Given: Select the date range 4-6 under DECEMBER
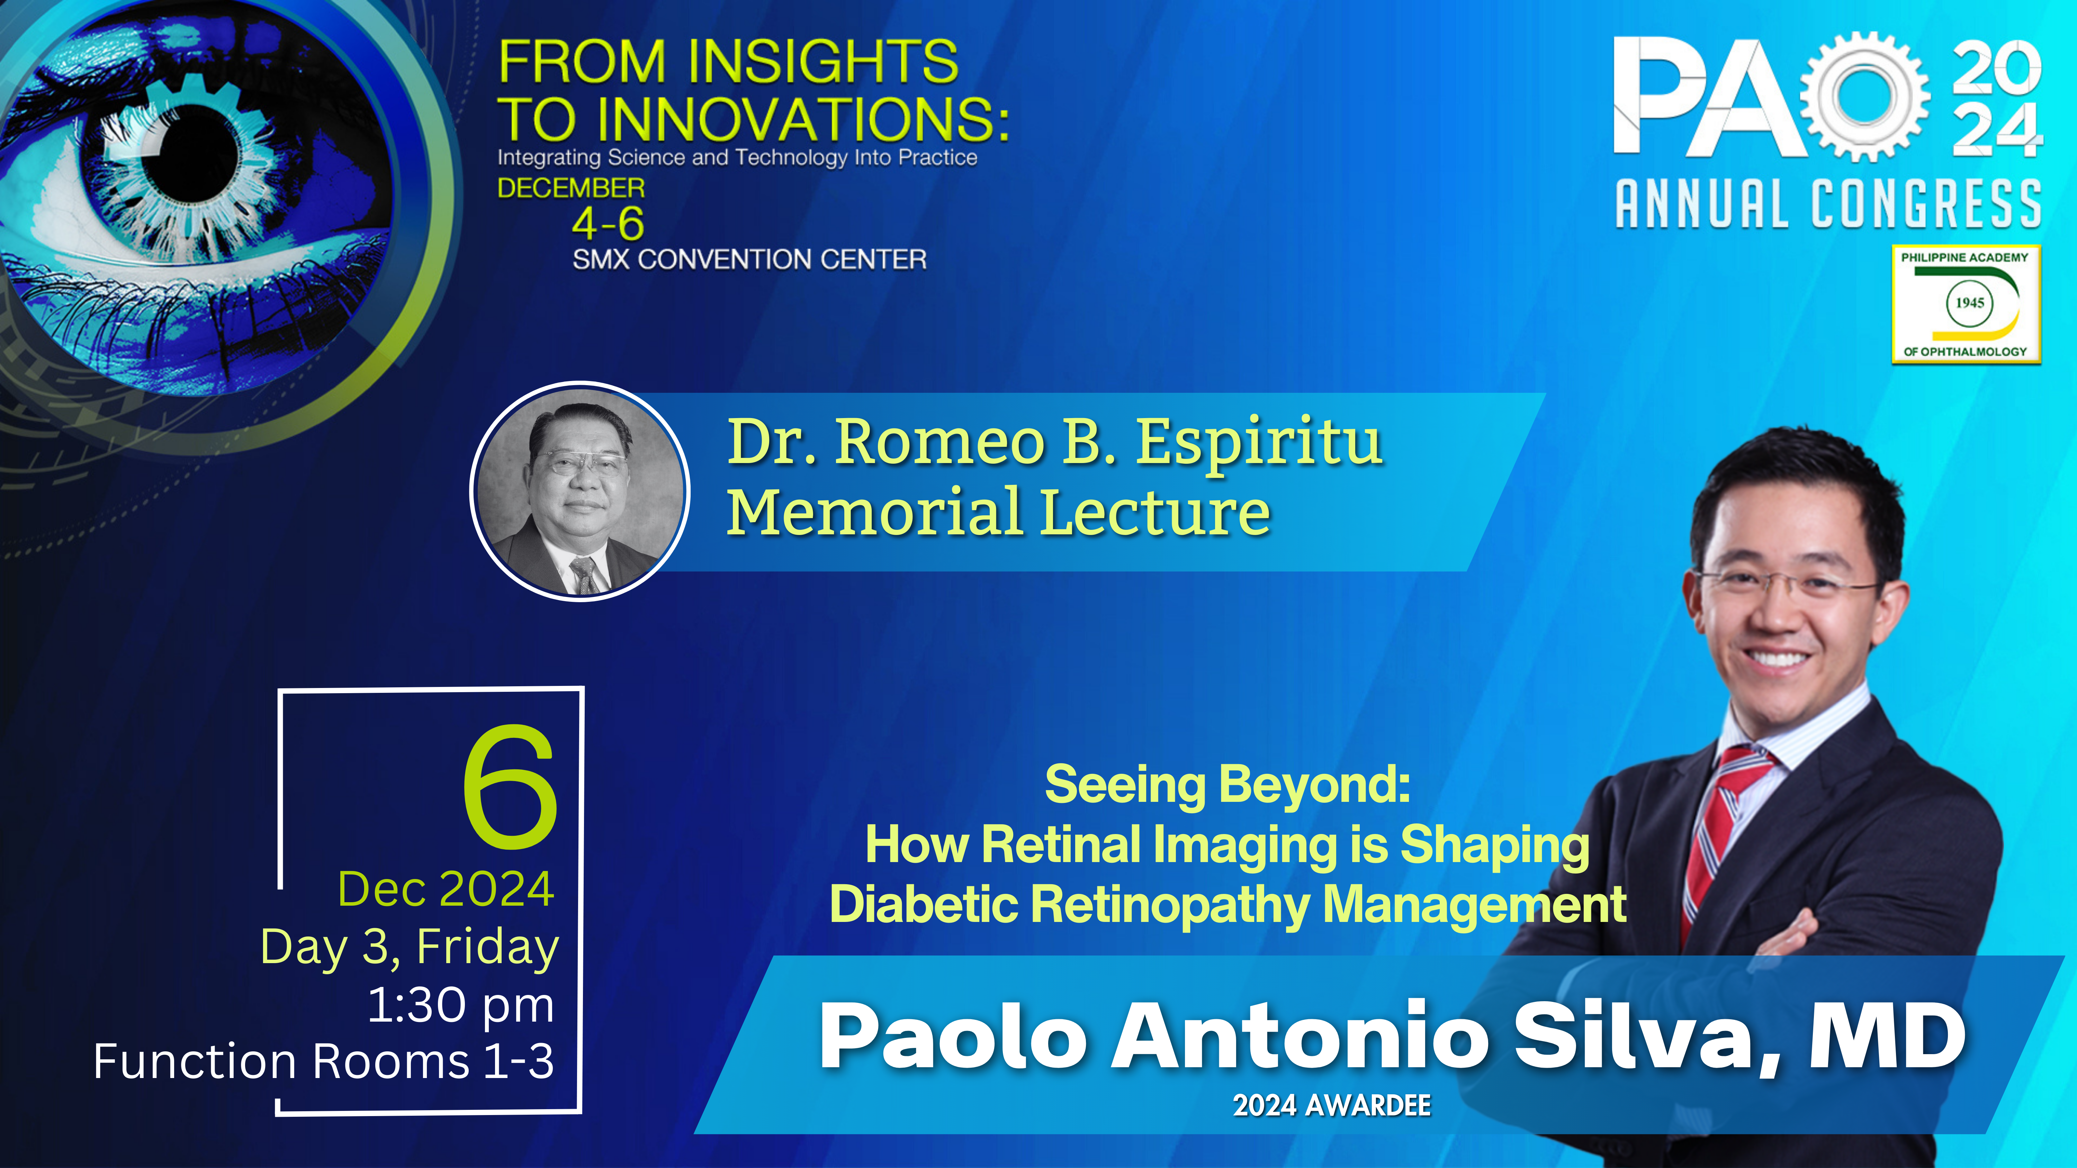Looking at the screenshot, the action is (608, 223).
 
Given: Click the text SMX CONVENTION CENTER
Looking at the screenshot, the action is (749, 260).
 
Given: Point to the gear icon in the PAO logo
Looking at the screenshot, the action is (1864, 97).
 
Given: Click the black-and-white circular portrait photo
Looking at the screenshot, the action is (580, 491).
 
